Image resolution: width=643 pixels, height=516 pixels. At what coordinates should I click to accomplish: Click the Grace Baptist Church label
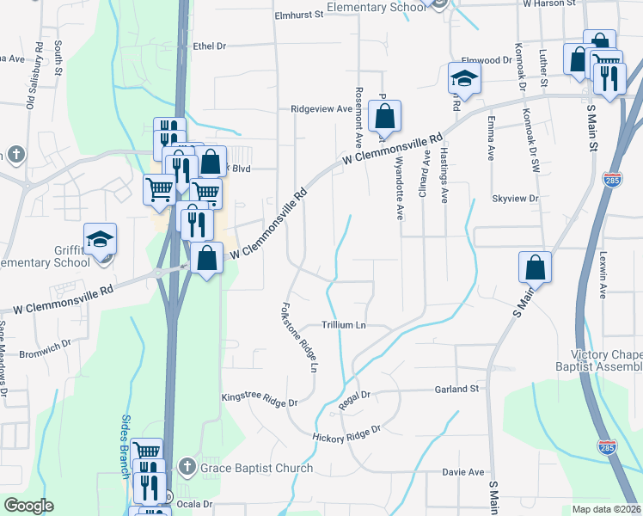pos(257,469)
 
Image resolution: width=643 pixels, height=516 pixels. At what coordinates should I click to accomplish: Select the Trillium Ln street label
pos(344,325)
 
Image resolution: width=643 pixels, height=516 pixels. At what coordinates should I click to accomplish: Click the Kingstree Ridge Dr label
pos(260,402)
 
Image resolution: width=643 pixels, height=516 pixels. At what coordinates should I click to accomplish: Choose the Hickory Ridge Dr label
pos(346,433)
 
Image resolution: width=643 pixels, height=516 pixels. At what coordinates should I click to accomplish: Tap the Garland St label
pos(456,389)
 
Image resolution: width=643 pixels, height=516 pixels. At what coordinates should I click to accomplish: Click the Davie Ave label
pos(463,472)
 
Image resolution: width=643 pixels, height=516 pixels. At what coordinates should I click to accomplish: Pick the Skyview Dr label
pos(514,199)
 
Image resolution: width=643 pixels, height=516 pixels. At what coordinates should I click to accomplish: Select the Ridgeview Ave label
pos(321,109)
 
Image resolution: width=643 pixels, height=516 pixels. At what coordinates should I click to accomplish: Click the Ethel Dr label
pos(209,46)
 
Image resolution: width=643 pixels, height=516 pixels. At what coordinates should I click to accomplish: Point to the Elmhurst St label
pos(297,15)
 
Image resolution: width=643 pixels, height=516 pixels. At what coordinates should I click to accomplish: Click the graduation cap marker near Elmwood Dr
pos(464,78)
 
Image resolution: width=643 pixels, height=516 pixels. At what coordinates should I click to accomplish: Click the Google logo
pos(28,506)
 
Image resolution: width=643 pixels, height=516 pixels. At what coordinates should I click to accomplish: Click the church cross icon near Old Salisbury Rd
pos(15,155)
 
